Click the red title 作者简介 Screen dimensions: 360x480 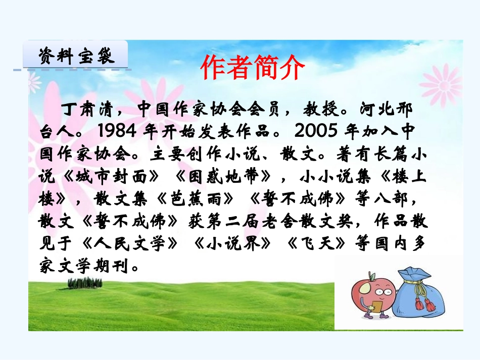pyautogui.click(x=253, y=68)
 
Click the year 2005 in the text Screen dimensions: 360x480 pyautogui.click(x=315, y=131)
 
